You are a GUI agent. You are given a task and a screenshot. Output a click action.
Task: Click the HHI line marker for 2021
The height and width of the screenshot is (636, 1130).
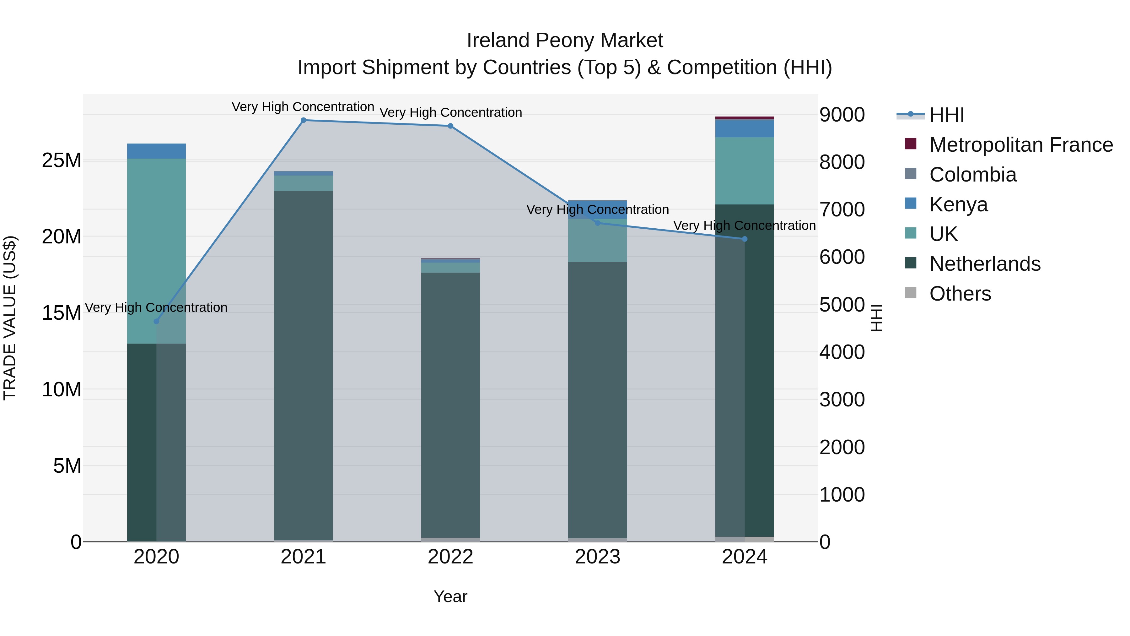[x=303, y=120]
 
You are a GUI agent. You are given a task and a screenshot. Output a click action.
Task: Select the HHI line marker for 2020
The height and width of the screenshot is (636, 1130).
[x=156, y=321]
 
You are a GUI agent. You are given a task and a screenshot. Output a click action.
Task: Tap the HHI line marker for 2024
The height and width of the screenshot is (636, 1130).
[x=745, y=239]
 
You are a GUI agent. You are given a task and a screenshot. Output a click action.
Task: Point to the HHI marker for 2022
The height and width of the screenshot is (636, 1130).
[x=450, y=126]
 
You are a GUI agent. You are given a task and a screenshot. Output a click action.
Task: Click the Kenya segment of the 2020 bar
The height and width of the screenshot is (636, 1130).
[x=156, y=151]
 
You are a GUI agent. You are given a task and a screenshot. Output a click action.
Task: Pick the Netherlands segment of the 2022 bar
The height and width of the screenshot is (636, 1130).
[x=450, y=404]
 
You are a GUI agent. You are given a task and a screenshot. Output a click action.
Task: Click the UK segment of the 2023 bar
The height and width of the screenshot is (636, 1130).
[x=597, y=241]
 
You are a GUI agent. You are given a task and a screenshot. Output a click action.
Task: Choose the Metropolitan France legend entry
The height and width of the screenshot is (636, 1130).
[x=1020, y=145]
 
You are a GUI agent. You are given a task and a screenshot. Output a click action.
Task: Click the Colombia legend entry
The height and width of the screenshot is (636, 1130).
[x=972, y=175]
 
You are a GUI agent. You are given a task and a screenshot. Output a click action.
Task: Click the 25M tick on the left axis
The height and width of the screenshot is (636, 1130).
[x=62, y=160]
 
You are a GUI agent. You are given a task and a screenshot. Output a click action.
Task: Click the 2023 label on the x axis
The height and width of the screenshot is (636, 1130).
[x=597, y=557]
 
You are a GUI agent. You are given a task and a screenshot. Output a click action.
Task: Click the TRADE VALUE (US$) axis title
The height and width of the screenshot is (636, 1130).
[x=10, y=318]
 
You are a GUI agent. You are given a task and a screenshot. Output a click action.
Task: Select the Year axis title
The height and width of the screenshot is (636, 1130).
[x=450, y=596]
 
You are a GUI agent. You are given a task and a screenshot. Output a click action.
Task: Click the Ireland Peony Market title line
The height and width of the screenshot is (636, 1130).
[x=565, y=41]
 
